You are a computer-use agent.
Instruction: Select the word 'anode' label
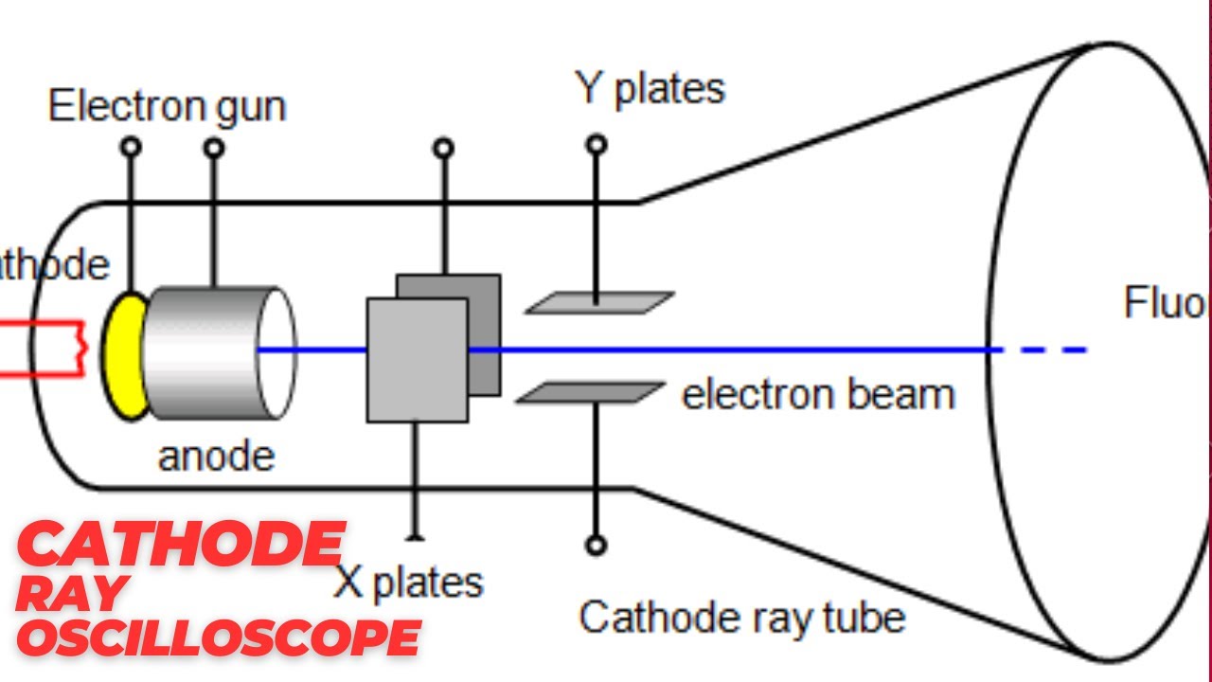(216, 457)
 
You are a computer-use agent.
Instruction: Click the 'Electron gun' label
(167, 106)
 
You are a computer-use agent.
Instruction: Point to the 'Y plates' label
(650, 88)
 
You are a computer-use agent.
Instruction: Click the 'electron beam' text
(818, 394)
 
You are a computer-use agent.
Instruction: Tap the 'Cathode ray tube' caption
(742, 618)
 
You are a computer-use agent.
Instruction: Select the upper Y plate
(600, 303)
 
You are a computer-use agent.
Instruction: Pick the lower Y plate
(591, 392)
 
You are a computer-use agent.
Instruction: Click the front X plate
(417, 360)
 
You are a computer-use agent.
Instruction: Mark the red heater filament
(47, 349)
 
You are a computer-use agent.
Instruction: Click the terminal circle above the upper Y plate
(596, 145)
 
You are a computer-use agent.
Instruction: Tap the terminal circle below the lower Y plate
(596, 546)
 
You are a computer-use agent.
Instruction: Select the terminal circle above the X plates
(443, 148)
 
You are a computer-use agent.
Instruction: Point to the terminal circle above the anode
(215, 148)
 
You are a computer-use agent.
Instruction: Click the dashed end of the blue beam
(1051, 350)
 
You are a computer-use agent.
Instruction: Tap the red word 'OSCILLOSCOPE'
(218, 637)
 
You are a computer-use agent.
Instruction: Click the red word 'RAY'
(72, 591)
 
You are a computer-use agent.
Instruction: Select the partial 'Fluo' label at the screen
(1165, 303)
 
